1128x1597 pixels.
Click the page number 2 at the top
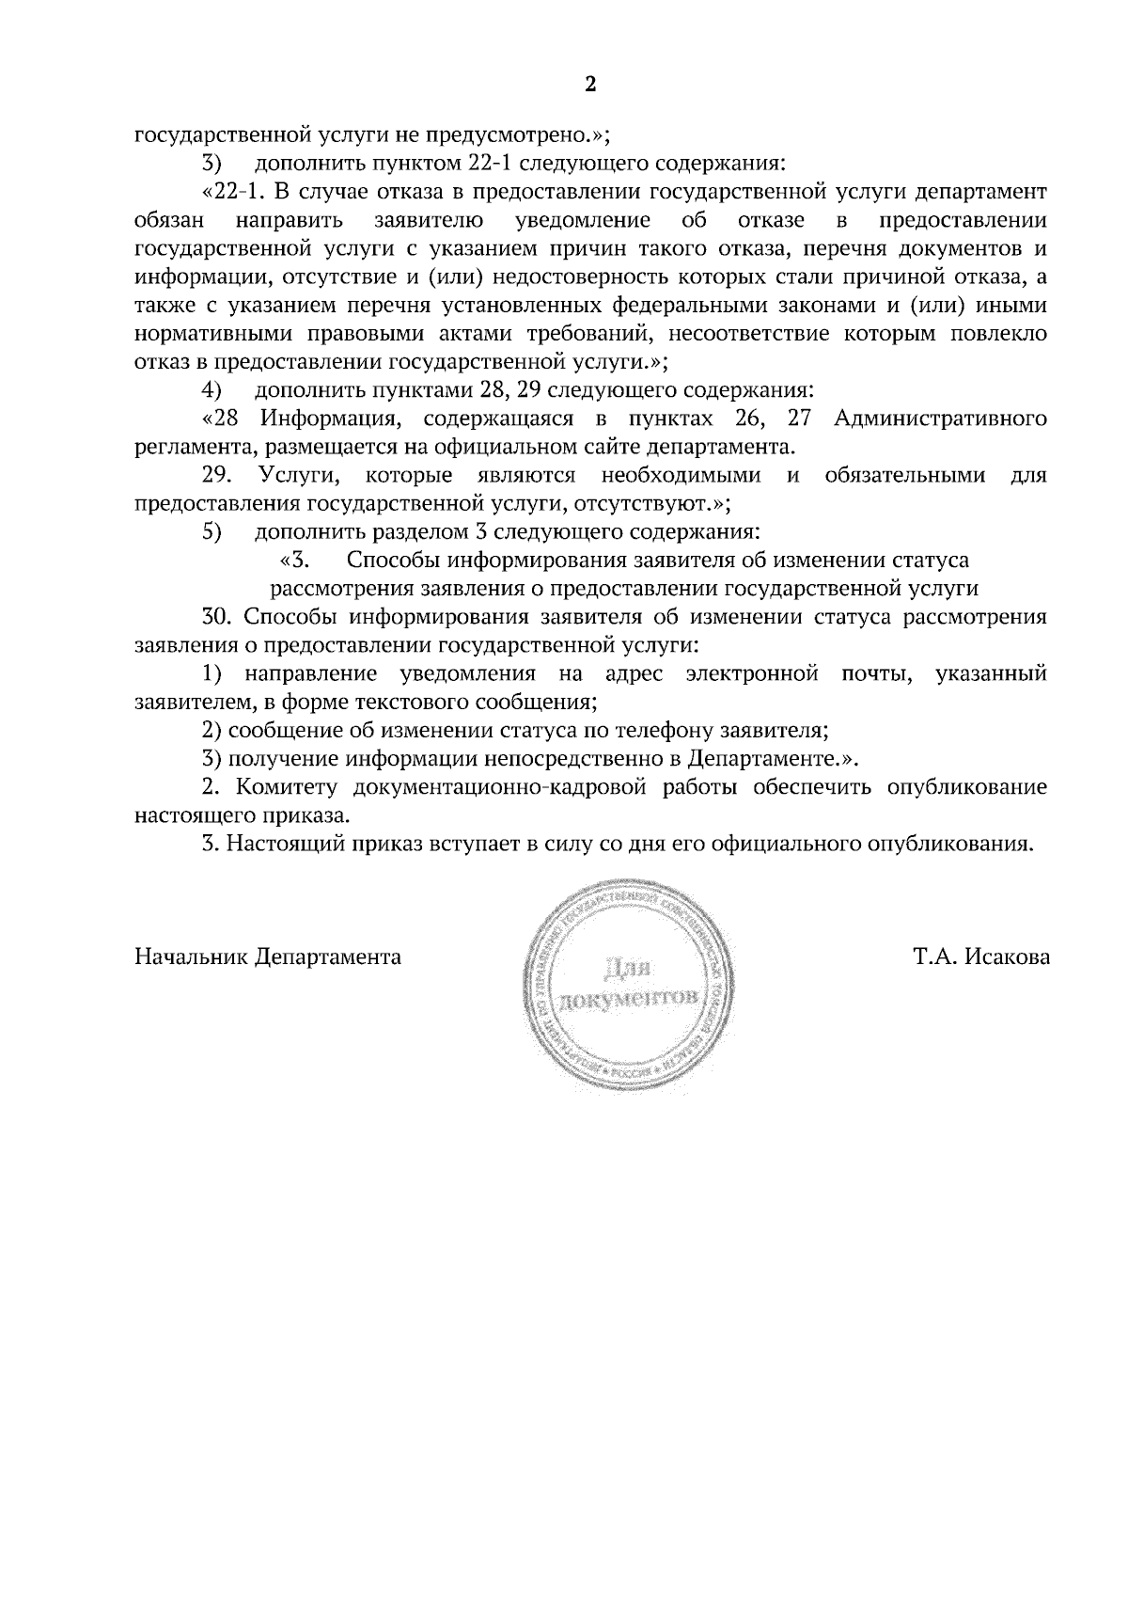pos(590,85)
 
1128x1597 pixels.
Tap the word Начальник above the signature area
pos(192,957)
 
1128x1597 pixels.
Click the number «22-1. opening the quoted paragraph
pos(231,192)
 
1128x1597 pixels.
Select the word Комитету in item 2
pos(285,787)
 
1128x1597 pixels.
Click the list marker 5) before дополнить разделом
pos(211,531)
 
